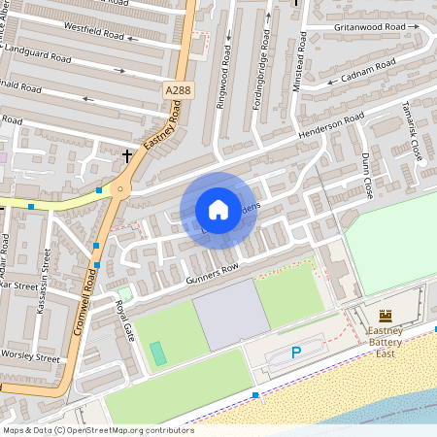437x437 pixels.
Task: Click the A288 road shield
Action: pos(177,90)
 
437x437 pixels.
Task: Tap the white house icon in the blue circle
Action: pos(218,210)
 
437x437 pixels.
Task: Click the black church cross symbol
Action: pos(126,154)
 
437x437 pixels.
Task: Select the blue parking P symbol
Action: pos(296,352)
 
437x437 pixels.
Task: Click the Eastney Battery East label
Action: pos(391,342)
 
